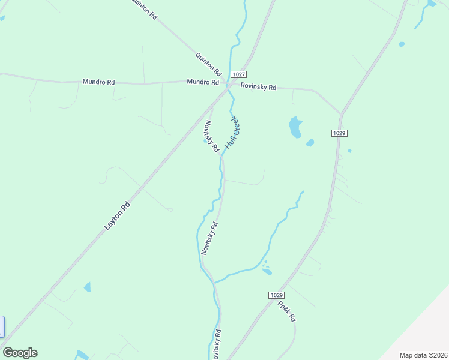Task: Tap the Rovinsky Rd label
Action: point(258,87)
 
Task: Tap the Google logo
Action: point(20,353)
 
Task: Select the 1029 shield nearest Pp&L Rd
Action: point(276,295)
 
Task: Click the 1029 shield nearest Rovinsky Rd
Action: point(339,133)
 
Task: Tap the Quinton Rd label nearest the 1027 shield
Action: point(208,62)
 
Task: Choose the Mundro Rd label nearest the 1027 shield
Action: point(202,82)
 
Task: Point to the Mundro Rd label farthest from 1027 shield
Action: point(98,81)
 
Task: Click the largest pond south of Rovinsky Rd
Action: point(295,127)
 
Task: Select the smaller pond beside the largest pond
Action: point(310,143)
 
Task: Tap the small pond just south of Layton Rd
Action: point(88,287)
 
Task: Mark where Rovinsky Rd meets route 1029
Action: point(340,113)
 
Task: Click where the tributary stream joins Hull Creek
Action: point(214,281)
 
